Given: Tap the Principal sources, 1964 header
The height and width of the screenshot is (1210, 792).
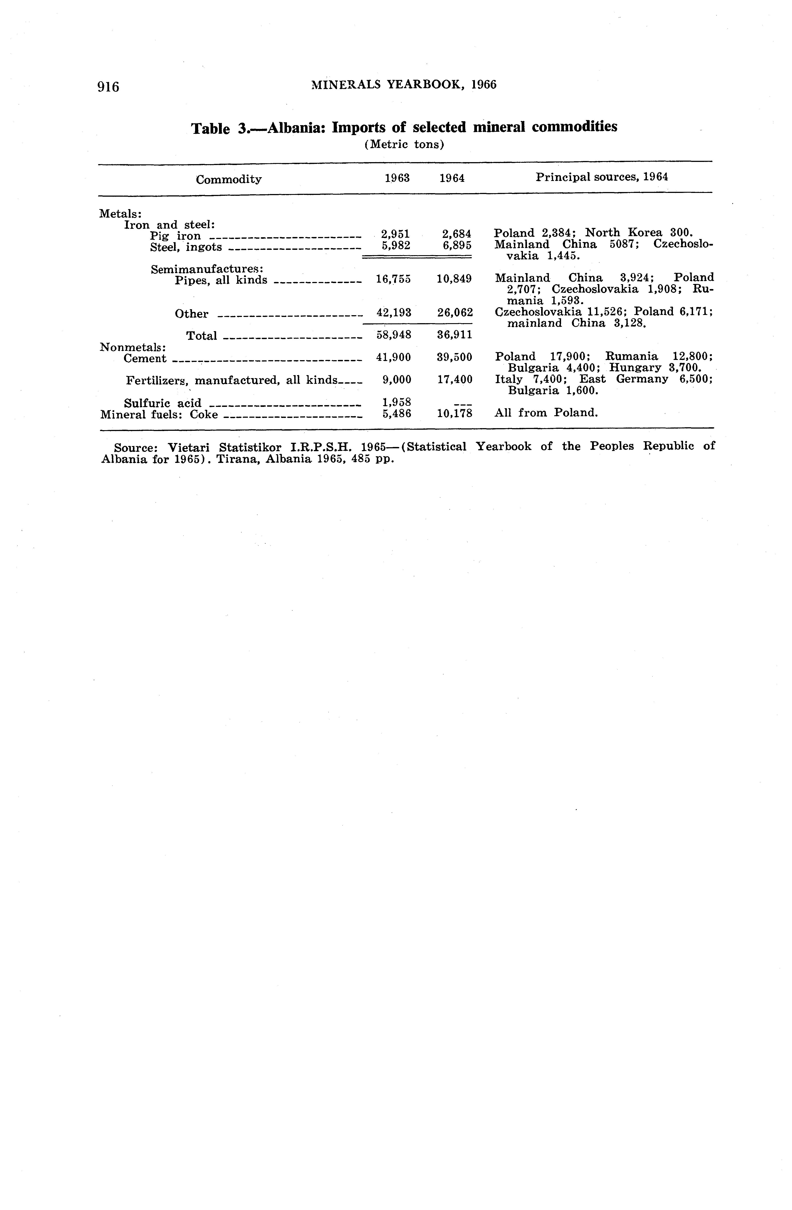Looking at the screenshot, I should [602, 177].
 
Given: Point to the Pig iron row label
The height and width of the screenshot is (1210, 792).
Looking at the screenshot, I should [175, 236].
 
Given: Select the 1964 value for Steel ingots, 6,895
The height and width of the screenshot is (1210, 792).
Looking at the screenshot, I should [457, 245].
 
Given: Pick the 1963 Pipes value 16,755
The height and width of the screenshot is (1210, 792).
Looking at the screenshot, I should [393, 279].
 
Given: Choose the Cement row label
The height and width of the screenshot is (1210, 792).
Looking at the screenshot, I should [145, 358].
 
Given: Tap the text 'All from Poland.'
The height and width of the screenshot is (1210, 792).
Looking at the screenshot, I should [546, 412].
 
